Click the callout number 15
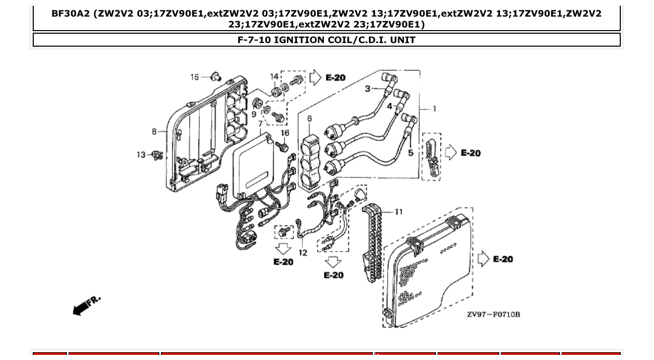point(195,77)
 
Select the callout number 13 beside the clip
point(141,155)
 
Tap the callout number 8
point(154,131)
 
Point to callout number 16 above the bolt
point(285,133)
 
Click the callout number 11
point(398,212)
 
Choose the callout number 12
point(303,253)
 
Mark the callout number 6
point(309,119)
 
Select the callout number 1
point(434,109)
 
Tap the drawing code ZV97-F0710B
point(493,314)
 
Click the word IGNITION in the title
point(301,39)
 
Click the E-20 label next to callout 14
point(335,78)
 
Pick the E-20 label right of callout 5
point(470,153)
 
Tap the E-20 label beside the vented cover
point(502,259)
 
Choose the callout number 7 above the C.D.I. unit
point(260,124)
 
